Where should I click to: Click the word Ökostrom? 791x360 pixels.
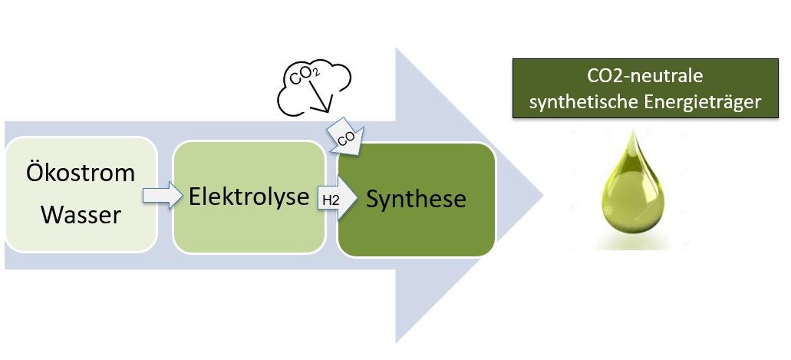[81, 173]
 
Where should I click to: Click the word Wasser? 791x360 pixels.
[81, 215]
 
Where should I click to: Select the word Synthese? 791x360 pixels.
[416, 199]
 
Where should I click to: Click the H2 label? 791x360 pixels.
[330, 200]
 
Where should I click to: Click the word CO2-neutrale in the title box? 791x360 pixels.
[645, 77]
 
